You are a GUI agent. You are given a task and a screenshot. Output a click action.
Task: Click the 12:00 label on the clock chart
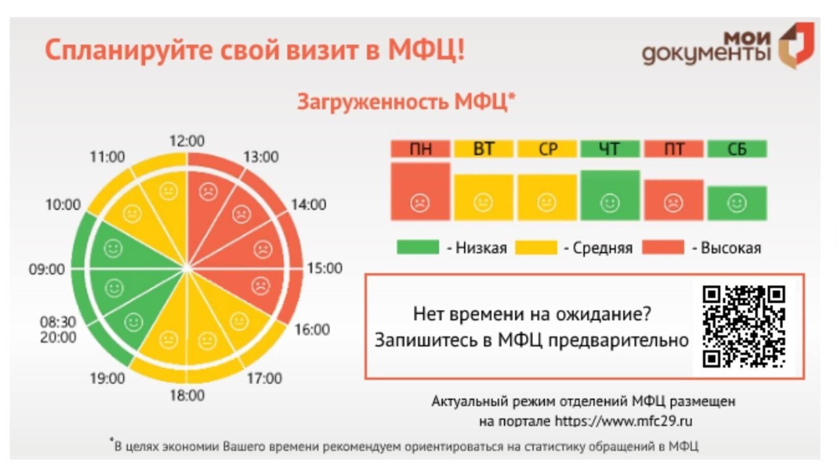[187, 141]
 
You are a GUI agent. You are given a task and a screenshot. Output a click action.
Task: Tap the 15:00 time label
[325, 268]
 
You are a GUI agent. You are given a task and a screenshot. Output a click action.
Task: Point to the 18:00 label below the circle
[187, 395]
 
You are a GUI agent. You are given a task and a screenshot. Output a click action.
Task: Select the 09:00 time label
[47, 269]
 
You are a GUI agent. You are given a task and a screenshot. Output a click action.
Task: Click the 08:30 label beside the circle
[58, 322]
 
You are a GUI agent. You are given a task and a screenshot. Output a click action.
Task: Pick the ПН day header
[421, 148]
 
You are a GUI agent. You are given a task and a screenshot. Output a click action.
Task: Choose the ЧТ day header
[610, 148]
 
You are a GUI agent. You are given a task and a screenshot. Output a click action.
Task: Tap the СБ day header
[737, 148]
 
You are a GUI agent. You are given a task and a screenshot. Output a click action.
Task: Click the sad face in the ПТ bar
[673, 203]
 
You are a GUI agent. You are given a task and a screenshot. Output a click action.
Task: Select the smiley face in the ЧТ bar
[610, 203]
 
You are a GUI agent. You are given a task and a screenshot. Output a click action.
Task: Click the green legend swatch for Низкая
[418, 247]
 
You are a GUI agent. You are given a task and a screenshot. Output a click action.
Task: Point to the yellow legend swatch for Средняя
[536, 247]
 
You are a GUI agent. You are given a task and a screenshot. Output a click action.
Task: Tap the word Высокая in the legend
[731, 247]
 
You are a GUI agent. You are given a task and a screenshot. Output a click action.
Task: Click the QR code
[744, 327]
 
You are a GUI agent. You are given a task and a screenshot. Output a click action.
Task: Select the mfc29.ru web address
[624, 421]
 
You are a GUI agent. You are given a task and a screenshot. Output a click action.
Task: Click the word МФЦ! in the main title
[426, 49]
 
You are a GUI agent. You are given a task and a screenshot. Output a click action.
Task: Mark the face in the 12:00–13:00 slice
[208, 192]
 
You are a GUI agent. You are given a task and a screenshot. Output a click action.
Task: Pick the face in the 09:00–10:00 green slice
[113, 249]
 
